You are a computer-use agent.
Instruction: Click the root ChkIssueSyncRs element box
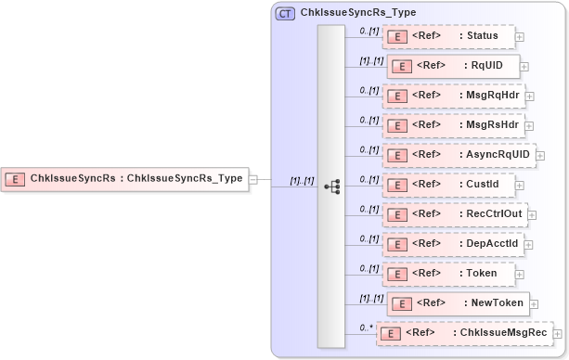(x=125, y=178)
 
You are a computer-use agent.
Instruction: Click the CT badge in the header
(x=286, y=14)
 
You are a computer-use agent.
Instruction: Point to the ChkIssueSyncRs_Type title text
(x=358, y=14)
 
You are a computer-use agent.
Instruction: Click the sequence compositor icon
(x=331, y=186)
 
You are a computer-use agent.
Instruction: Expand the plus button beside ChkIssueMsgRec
(x=558, y=333)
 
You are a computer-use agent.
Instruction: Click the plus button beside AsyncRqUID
(x=540, y=155)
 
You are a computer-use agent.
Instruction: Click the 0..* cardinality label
(x=367, y=328)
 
